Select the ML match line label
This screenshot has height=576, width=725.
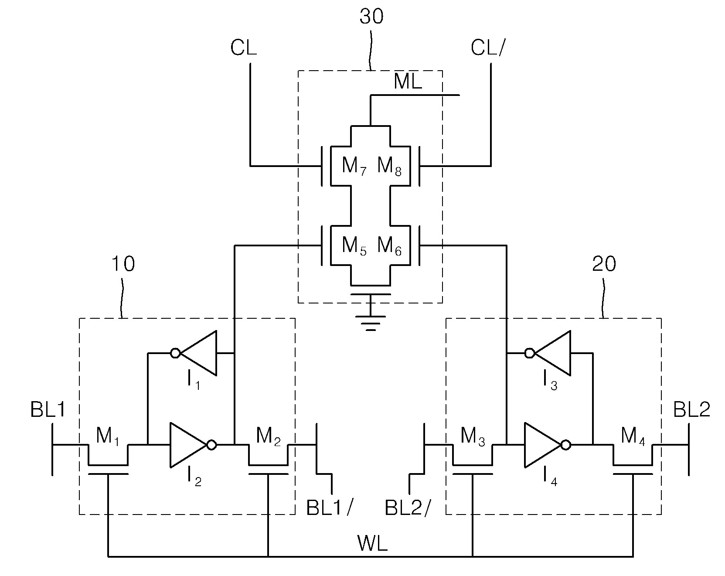point(408,82)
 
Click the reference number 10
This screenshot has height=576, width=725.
point(123,265)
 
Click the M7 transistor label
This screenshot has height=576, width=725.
point(354,166)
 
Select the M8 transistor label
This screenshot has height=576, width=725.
point(389,166)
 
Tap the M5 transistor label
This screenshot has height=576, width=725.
point(354,246)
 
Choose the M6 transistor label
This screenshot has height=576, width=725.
point(389,246)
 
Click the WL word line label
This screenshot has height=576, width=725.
point(372,544)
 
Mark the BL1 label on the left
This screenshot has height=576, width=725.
point(48,410)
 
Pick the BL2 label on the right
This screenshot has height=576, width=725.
point(692,410)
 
